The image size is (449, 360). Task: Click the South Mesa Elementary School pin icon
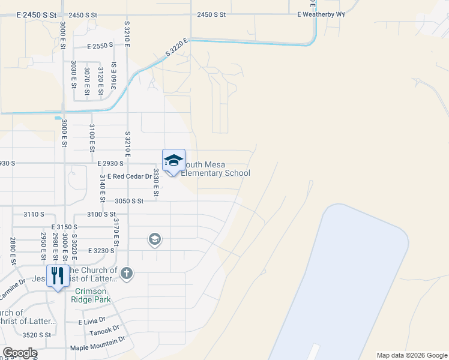[173, 161]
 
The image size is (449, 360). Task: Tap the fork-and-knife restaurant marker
[58, 276]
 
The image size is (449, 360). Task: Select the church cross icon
[126, 274]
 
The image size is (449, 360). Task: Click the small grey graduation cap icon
[154, 240]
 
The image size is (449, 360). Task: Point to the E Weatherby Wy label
[321, 14]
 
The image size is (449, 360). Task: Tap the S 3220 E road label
[176, 49]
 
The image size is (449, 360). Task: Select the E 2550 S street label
[100, 46]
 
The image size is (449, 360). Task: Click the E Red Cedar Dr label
[125, 176]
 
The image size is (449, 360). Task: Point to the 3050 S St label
[129, 201]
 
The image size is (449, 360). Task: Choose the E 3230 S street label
[101, 251]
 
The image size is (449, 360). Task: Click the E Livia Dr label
[92, 322]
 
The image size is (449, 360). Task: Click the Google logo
[19, 353]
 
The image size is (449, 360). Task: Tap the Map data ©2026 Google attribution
[411, 355]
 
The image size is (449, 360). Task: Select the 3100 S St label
[101, 214]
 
